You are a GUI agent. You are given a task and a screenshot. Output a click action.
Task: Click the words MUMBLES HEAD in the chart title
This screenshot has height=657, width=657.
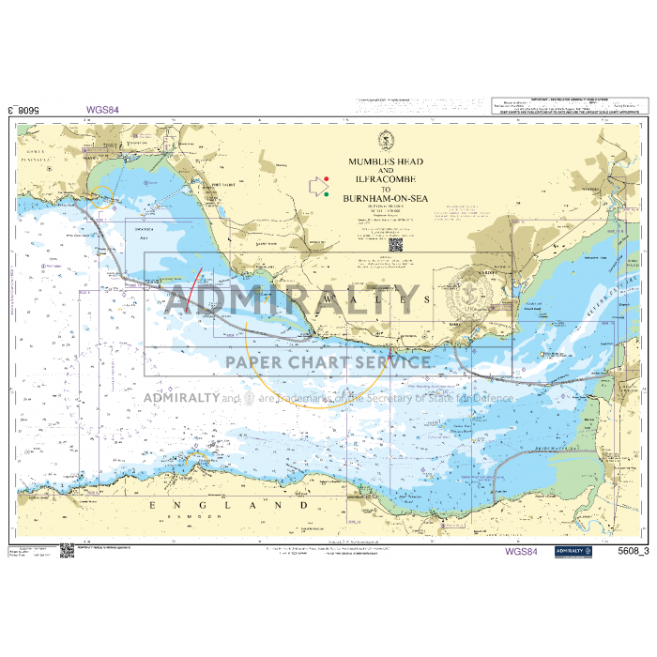[386, 161]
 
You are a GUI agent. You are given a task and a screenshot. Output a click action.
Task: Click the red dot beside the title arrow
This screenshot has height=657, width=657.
[326, 178]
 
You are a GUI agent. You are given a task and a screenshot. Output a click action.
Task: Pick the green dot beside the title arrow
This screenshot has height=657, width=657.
[326, 194]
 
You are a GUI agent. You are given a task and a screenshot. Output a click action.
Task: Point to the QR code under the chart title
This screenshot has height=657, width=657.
[394, 246]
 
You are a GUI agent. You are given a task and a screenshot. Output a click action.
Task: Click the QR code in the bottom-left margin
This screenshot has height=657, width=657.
[67, 551]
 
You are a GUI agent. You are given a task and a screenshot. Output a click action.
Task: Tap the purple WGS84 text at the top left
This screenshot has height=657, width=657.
[102, 109]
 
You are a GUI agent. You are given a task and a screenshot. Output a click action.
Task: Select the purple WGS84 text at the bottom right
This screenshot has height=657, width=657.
[521, 552]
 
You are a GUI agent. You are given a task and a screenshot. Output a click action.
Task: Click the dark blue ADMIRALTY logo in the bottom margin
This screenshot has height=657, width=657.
[573, 552]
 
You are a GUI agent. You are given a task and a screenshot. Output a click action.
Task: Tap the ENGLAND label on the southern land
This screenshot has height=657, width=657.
[229, 505]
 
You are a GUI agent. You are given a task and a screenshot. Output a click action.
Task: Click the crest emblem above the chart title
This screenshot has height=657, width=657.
[385, 141]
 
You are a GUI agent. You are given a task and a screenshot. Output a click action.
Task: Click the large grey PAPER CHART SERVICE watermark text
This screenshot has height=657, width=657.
[324, 361]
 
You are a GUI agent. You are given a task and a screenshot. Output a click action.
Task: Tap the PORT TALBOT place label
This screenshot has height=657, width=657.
[222, 184]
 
